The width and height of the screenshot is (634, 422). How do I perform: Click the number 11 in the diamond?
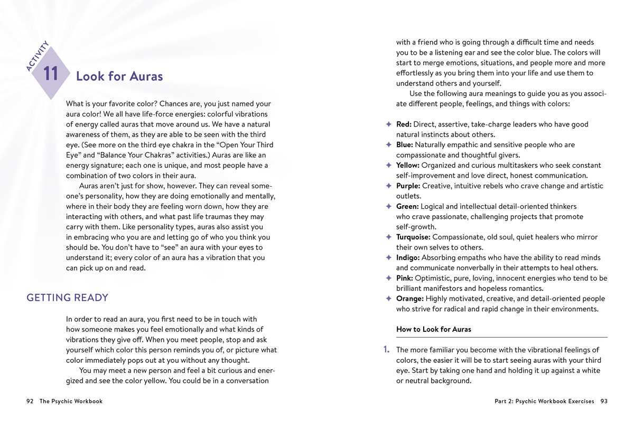pyautogui.click(x=51, y=74)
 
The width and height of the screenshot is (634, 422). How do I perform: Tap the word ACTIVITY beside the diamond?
pyautogui.click(x=38, y=55)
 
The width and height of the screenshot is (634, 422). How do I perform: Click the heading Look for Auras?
pyautogui.click(x=119, y=76)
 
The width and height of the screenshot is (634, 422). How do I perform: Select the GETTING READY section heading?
pyautogui.click(x=67, y=298)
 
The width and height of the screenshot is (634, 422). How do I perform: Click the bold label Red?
pyautogui.click(x=404, y=124)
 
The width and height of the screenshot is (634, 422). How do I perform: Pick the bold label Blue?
pyautogui.click(x=405, y=145)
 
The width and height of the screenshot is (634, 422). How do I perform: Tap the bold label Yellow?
pyautogui.click(x=408, y=165)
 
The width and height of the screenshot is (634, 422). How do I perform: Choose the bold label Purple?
pyautogui.click(x=408, y=186)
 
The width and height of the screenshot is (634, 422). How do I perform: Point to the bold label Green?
pyautogui.click(x=407, y=206)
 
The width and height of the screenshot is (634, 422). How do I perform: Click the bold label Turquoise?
pyautogui.click(x=413, y=237)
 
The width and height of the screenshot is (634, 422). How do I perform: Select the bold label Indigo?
pyautogui.click(x=408, y=257)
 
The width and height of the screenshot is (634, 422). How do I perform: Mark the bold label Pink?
pyautogui.click(x=405, y=278)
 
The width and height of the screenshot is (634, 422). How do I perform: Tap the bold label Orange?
pyautogui.click(x=409, y=299)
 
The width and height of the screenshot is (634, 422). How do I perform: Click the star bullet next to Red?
pyautogui.click(x=388, y=124)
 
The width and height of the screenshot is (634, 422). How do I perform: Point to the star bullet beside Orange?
pyautogui.click(x=388, y=299)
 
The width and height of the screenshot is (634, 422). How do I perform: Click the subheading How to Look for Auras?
pyautogui.click(x=433, y=329)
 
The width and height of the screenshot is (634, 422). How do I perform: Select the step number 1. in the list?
pyautogui.click(x=386, y=350)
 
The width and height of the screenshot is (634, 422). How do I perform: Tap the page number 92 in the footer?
pyautogui.click(x=30, y=401)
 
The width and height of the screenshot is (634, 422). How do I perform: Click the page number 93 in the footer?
pyautogui.click(x=603, y=401)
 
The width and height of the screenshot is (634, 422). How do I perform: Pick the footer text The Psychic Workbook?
pyautogui.click(x=71, y=401)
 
